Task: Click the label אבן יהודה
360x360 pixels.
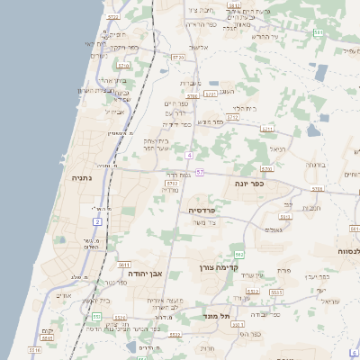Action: click(x=142, y=272)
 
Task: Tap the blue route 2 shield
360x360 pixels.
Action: click(x=96, y=220)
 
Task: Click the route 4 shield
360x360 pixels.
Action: click(x=190, y=154)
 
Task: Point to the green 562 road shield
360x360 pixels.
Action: click(x=238, y=255)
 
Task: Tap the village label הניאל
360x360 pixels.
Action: click(x=277, y=148)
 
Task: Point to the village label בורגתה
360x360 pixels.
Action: click(x=316, y=166)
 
